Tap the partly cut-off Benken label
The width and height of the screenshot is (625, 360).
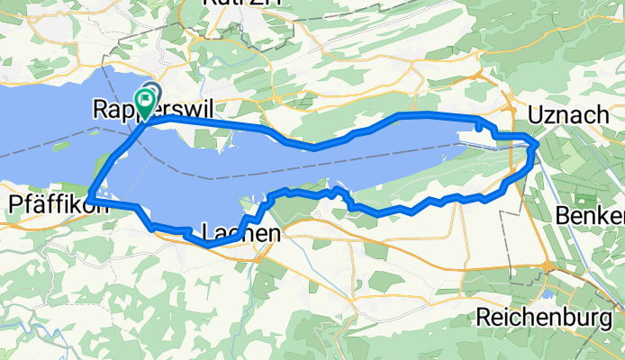coord(590,216)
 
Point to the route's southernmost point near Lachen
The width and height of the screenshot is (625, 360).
coord(208,244)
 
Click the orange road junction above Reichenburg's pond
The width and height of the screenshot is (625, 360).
coord(546,265)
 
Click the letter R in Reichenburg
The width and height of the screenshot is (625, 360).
coord(483,317)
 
